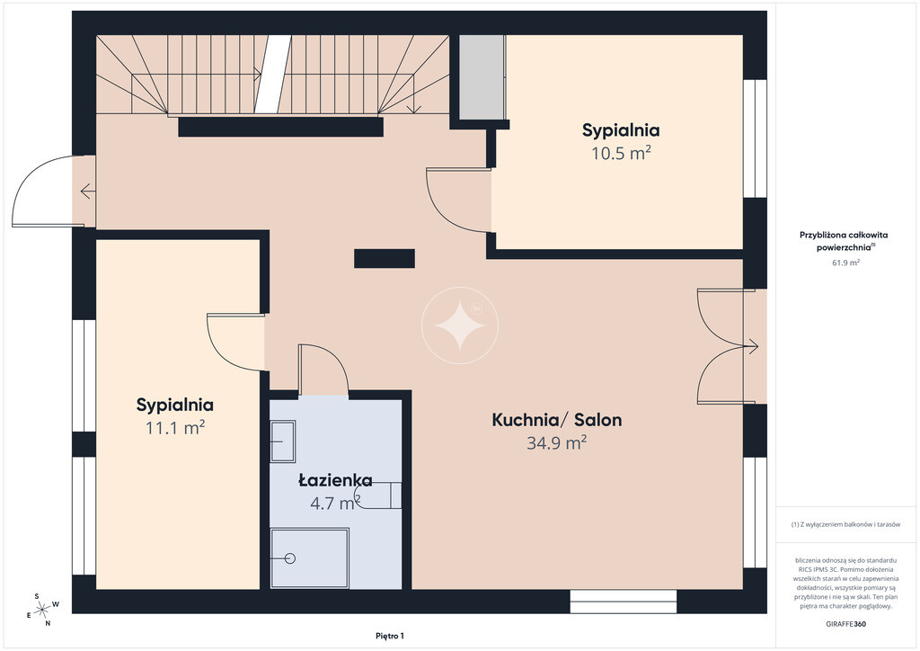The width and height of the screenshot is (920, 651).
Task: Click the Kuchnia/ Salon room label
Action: point(556,420)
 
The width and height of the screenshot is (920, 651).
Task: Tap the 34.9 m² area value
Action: point(556,442)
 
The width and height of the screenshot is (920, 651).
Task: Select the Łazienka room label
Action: point(335,480)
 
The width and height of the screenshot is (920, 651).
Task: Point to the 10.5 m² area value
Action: point(621,153)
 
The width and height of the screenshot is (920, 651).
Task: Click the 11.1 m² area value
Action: point(175,427)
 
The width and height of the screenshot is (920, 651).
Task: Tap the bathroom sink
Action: point(283,441)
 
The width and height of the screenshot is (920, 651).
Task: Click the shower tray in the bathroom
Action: point(310,558)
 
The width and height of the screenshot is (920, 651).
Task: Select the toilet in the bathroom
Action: point(381,495)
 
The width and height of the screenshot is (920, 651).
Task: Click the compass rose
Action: point(42,611)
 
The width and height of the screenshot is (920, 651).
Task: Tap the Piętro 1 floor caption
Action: point(390,636)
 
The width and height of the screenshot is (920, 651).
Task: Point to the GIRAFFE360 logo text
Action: point(845,624)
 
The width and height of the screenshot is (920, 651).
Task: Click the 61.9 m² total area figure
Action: point(845,263)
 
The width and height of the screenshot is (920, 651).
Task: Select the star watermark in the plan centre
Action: point(460,325)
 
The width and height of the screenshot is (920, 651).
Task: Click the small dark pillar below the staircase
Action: point(385,258)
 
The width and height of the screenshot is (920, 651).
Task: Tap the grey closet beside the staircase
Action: point(482,77)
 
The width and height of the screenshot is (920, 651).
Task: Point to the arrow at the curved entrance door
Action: point(88,191)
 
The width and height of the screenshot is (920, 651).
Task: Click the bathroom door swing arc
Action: point(332,361)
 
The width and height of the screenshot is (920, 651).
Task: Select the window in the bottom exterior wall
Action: point(624,602)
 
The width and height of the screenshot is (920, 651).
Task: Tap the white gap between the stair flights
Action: point(273,74)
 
